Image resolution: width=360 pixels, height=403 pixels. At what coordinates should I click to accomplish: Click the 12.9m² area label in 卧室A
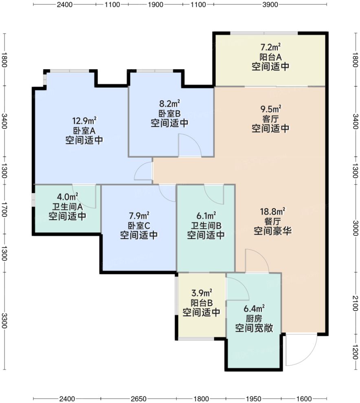(84, 121)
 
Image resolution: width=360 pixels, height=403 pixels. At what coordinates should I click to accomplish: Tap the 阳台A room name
(270, 57)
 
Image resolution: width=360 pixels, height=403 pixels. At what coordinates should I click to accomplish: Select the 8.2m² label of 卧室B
(169, 104)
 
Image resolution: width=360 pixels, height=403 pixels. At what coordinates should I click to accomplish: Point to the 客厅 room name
(270, 119)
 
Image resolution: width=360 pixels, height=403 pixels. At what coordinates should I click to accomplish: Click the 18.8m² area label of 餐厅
(272, 211)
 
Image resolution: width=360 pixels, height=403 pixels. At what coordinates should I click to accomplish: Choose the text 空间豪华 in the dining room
(272, 231)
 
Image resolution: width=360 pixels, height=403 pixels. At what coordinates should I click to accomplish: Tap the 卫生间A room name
(67, 207)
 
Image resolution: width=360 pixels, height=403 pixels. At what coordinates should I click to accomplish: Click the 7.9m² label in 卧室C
(139, 214)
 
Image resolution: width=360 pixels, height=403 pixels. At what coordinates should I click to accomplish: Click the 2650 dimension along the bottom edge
(138, 398)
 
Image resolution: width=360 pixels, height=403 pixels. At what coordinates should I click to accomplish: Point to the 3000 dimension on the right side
(356, 225)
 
